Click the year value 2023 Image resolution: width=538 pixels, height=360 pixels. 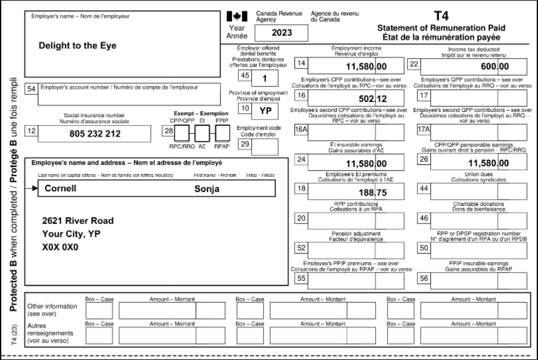(282, 33)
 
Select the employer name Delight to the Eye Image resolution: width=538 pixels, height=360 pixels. (77, 46)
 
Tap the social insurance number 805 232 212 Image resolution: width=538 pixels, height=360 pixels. (95, 134)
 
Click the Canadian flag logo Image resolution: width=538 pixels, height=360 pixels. (237, 16)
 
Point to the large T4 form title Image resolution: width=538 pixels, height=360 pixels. (441, 16)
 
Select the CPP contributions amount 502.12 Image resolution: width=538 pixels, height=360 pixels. (373, 99)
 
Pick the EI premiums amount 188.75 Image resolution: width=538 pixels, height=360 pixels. (373, 192)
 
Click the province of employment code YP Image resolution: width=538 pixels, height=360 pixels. (265, 111)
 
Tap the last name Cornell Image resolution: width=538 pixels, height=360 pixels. (60, 188)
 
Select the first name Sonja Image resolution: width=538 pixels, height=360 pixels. (207, 189)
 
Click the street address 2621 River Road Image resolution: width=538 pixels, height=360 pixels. (78, 221)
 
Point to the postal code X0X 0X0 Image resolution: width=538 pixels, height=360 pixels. (60, 247)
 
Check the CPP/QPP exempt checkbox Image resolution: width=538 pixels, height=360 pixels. (182, 133)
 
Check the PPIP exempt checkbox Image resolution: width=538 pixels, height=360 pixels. (222, 133)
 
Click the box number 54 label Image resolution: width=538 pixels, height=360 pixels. (31, 89)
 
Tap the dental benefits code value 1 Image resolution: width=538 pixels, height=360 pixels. (265, 78)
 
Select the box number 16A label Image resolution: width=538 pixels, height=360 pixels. (301, 129)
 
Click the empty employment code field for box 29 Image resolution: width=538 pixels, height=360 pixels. (265, 147)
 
